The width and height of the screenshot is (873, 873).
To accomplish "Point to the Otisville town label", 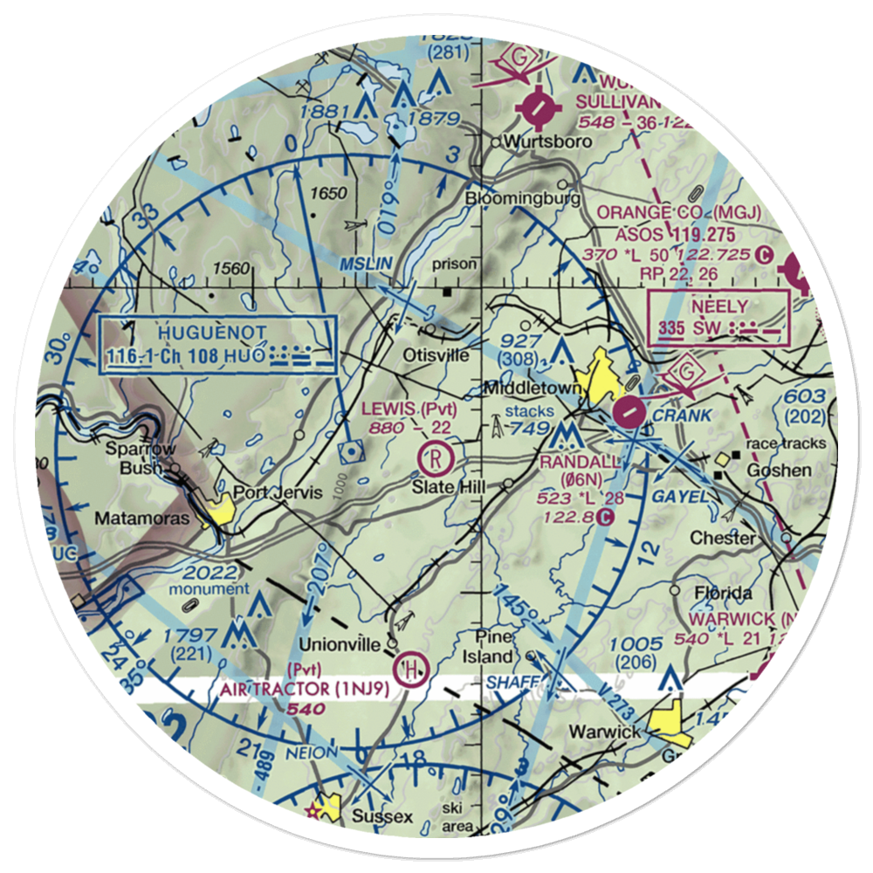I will pos(436,355).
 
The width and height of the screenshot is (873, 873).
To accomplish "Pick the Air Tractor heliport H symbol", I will pos(409,670).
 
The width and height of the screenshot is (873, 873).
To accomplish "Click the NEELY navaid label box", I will pos(719,317).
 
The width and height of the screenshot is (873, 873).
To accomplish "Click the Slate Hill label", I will pos(449,486).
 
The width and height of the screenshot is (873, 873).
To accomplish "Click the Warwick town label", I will pos(604,731).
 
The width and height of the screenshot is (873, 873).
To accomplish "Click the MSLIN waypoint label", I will pos(365,262).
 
